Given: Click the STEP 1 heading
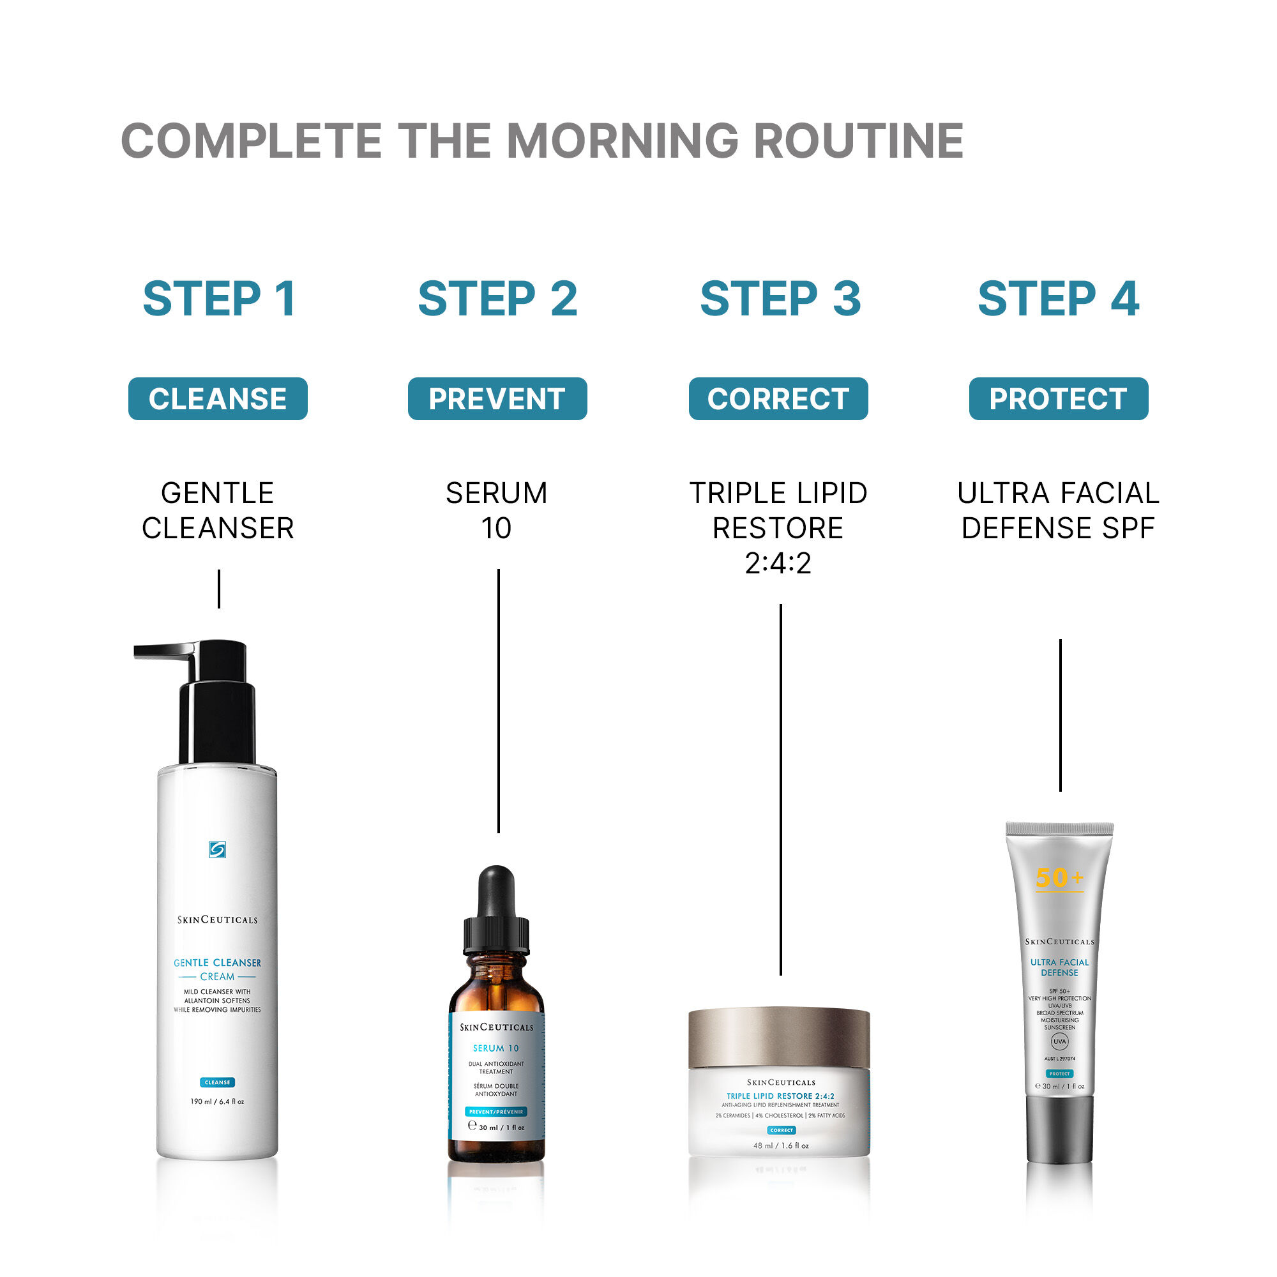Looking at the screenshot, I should point(219,299).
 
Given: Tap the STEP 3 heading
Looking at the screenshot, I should point(780,299).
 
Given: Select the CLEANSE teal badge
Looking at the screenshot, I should point(218,398).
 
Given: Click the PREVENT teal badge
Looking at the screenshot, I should point(497,398).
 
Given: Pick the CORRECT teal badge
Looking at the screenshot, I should point(778,398).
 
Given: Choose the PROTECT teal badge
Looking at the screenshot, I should point(1058,398).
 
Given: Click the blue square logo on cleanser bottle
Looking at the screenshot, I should point(217,849).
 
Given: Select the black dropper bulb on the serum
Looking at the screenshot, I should point(495,889).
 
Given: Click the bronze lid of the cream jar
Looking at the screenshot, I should point(778,1036).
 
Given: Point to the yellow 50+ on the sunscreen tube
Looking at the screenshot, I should point(1059,878).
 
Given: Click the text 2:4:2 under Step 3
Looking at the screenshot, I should point(778,563).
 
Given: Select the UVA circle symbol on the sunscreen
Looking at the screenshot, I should point(1059,1041).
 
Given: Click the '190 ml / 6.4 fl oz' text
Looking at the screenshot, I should point(217,1101).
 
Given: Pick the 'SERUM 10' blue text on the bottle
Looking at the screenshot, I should point(495,1048).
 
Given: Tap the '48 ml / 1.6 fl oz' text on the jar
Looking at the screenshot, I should point(781,1145).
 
